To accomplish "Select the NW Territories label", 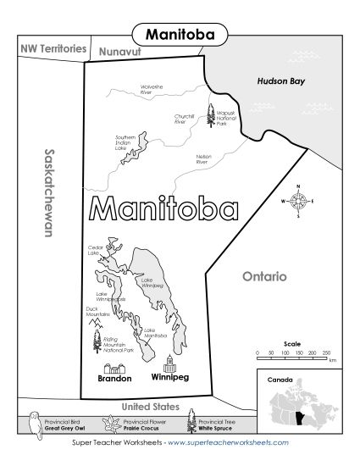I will pyautogui.click(x=53, y=49).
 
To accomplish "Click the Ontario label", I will pyautogui.click(x=264, y=276).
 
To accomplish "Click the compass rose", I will pyautogui.click(x=298, y=201).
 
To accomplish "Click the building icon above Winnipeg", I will pyautogui.click(x=170, y=363).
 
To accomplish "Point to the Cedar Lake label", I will pyautogui.click(x=96, y=250).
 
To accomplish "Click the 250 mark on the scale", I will pyautogui.click(x=325, y=351).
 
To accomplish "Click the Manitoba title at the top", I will pyautogui.click(x=180, y=34).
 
